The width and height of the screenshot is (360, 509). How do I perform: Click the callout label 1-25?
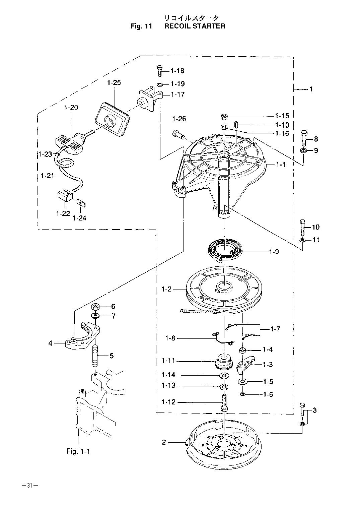pyautogui.click(x=114, y=82)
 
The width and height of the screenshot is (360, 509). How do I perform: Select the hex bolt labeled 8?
pyautogui.click(x=304, y=138)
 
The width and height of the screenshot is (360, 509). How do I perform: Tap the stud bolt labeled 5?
pyautogui.click(x=95, y=356)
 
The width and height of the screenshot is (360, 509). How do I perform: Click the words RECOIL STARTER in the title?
pyautogui.click(x=195, y=26)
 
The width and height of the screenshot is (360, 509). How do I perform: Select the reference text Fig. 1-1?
pyautogui.click(x=78, y=457)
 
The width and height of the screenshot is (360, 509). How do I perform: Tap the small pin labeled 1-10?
pyautogui.click(x=236, y=125)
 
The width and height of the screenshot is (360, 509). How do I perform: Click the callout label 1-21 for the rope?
pyautogui.click(x=48, y=176)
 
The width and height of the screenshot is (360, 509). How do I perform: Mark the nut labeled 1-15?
pyautogui.click(x=223, y=117)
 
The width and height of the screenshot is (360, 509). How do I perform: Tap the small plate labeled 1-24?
pyautogui.click(x=81, y=203)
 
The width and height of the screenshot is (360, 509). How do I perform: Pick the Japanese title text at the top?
pyautogui.click(x=192, y=18)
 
